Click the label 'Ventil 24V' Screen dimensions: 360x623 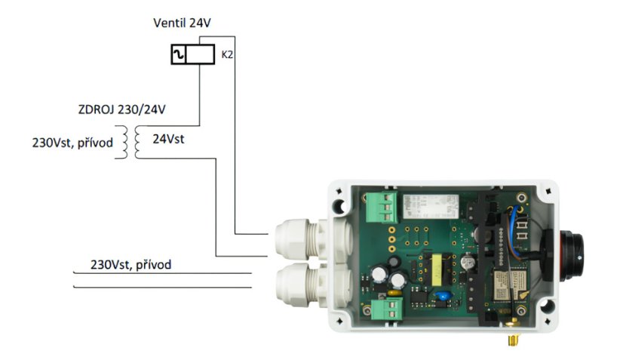pos(182,23)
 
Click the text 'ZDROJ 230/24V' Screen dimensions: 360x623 pos(121,110)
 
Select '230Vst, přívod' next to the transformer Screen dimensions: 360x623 pos(72,141)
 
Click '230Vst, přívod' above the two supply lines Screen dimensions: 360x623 pos(130,265)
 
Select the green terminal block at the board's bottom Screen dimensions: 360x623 pos(385,308)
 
